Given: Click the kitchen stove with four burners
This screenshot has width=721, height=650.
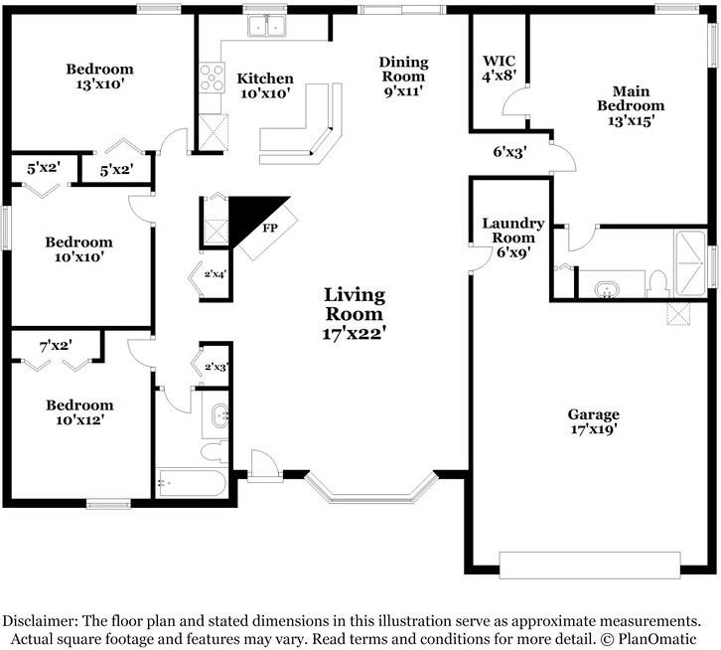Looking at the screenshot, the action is tap(212, 78).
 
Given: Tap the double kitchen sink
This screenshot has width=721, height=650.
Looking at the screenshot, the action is tap(267, 26).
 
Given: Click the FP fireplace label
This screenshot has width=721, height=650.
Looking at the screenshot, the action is tap(270, 228).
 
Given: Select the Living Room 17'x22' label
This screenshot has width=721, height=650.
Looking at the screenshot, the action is tap(354, 314).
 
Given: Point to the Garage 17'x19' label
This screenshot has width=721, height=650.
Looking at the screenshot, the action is tap(593, 421).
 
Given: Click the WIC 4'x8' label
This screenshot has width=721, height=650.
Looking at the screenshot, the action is tap(499, 68).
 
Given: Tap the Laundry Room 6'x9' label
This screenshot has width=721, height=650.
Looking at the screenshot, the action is tap(513, 238).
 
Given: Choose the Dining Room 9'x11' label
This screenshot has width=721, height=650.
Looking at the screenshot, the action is tap(403, 77).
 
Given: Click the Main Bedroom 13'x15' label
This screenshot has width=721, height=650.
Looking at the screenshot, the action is tap(631, 106).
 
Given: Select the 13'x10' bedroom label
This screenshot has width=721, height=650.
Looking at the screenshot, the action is tap(99, 77).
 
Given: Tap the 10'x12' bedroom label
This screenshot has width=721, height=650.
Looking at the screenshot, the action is tap(79, 412).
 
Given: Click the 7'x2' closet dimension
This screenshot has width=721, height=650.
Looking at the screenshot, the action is tap(56, 345).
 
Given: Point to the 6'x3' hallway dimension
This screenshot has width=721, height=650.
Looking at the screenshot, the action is tap(509, 151).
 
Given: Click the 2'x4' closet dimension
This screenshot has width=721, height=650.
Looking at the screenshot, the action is tap(216, 274).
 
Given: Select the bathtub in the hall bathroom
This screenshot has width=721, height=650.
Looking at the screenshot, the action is tap(192, 483).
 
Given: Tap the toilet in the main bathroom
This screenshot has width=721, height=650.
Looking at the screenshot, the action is tap(657, 284).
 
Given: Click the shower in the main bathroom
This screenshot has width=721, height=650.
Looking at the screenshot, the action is tap(689, 263).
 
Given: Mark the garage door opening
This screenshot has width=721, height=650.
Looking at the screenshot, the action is tap(590, 565).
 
